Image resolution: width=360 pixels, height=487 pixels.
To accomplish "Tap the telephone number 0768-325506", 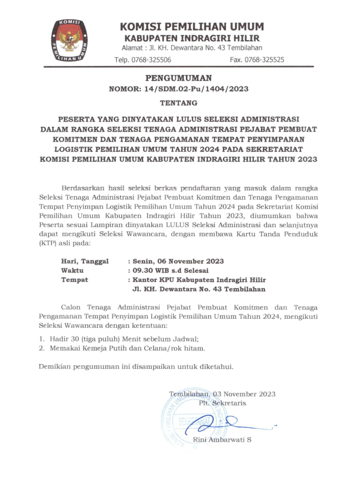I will click(152, 60).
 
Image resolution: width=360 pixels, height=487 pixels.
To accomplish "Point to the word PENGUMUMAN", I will click(178, 79).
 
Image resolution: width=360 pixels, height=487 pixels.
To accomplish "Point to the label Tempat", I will click(75, 280).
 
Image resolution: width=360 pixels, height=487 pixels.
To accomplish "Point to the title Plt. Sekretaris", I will click(222, 404).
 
